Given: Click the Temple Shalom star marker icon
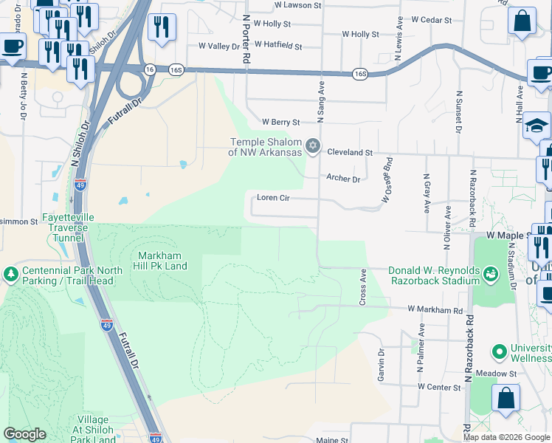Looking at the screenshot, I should click(x=313, y=144).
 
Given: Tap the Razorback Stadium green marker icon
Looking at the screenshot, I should click(x=491, y=275).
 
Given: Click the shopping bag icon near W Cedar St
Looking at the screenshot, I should click(x=522, y=21).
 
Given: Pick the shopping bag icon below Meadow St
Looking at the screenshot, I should click(x=506, y=399).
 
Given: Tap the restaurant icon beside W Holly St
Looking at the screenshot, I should click(x=162, y=27).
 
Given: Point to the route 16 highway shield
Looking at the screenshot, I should click(x=150, y=69).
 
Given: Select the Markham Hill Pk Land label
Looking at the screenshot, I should click(x=159, y=261).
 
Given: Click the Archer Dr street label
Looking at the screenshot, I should click(x=343, y=179).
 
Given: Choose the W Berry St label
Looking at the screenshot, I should click(x=281, y=122).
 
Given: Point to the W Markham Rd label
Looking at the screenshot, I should click(x=435, y=311).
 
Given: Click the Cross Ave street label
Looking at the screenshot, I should click(x=362, y=287).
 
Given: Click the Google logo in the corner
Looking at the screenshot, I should click(x=24, y=434).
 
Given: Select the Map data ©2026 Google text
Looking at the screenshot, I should click(x=506, y=437).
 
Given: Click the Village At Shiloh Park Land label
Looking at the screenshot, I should click(x=94, y=430).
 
